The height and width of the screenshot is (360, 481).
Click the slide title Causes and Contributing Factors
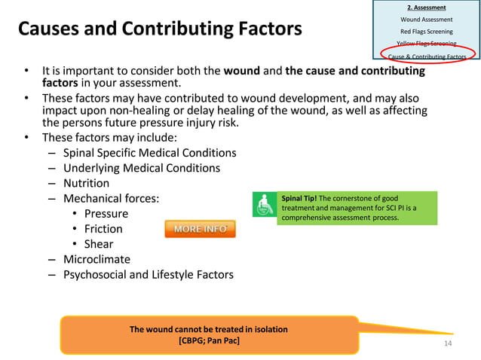pyautogui.click(x=159, y=29)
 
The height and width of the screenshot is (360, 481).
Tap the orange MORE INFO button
pyautogui.click(x=200, y=229)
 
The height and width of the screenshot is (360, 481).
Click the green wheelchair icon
pyautogui.click(x=264, y=206)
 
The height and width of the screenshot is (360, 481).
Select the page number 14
pyautogui.click(x=448, y=343)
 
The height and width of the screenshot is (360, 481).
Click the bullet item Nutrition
pyautogui.click(x=86, y=183)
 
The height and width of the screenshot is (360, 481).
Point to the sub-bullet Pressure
pyautogui.click(x=106, y=214)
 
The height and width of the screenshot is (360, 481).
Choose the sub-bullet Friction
pyautogui.click(x=103, y=229)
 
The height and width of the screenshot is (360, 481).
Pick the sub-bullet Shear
pyautogui.click(x=99, y=244)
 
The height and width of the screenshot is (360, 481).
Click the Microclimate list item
pyautogui.click(x=97, y=259)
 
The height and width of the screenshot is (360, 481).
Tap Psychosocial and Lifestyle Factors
pyautogui.click(x=148, y=275)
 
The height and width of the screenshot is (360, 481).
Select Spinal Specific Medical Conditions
pyautogui.click(x=149, y=153)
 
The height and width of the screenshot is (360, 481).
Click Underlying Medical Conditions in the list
pyautogui.click(x=142, y=168)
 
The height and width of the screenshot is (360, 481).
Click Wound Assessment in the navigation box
pyautogui.click(x=427, y=19)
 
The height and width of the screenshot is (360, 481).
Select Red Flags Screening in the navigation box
pyautogui.click(x=427, y=32)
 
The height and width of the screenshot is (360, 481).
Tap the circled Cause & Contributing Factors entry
pyautogui.click(x=427, y=56)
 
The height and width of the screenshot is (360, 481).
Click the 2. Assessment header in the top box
pyautogui.click(x=427, y=7)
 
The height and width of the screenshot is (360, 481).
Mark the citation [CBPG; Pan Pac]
pyautogui.click(x=209, y=340)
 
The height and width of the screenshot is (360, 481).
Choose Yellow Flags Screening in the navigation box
pyautogui.click(x=427, y=44)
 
